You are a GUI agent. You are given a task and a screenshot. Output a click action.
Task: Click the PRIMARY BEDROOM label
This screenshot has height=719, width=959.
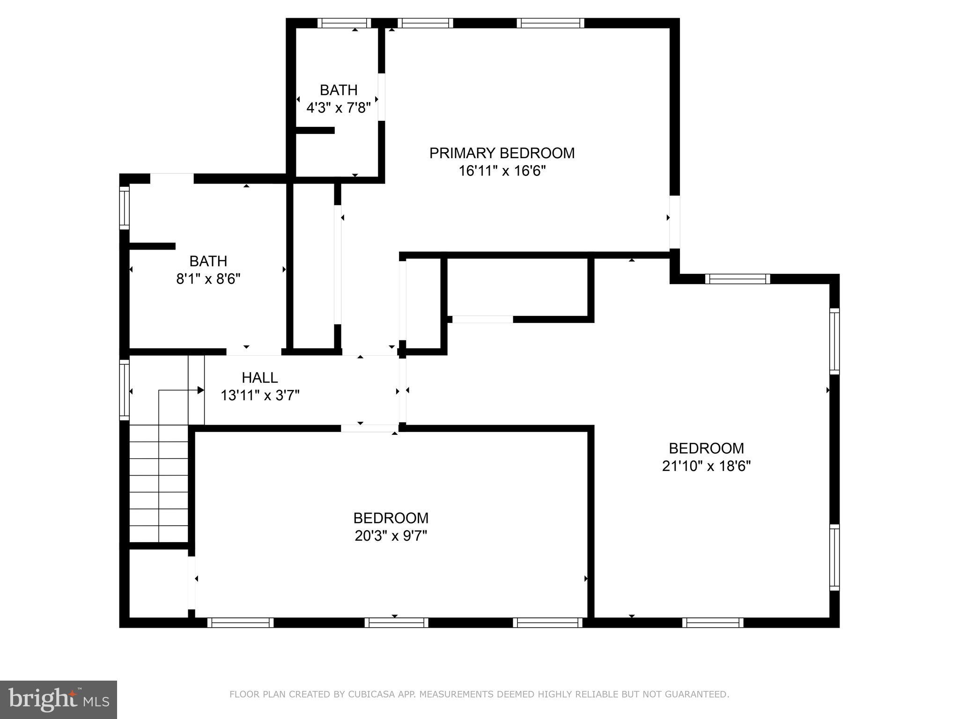point(502,153)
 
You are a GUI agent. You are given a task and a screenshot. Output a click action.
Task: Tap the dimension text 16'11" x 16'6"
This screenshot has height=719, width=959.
point(502,171)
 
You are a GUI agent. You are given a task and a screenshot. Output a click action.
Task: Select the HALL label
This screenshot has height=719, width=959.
point(259,377)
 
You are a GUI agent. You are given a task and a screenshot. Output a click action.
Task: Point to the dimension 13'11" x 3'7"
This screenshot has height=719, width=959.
point(260,396)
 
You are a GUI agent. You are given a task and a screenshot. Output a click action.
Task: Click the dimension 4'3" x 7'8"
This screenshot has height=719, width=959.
point(338,108)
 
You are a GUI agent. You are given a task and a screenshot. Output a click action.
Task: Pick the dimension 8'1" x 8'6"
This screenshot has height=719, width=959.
point(208,279)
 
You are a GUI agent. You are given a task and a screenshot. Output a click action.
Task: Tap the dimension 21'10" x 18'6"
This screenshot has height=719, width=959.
point(706,466)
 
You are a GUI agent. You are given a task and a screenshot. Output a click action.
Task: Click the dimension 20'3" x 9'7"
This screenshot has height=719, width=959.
point(391,536)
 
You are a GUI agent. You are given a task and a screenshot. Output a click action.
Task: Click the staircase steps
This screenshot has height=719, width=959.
point(159,482)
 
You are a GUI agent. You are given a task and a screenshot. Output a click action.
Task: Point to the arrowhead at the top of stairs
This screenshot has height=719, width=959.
point(201,390)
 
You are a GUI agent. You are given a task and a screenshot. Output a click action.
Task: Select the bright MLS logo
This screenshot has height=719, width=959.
point(58,699)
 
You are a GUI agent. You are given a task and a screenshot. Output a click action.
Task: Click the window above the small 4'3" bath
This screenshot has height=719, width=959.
point(344,23)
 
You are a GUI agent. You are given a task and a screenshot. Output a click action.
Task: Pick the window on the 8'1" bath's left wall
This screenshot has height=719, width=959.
point(124,208)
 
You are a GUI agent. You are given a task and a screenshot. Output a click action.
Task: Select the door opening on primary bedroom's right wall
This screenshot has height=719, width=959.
point(674,222)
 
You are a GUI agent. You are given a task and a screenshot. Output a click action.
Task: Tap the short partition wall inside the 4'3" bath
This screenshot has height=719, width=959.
point(315,130)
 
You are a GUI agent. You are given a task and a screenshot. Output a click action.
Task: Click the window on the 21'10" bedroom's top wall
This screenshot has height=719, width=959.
point(737,279)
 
